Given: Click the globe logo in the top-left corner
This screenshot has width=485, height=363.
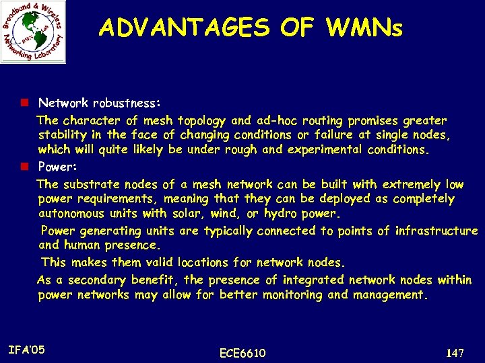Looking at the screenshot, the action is coord(33,32).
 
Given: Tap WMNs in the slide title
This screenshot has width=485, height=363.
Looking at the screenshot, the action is coord(364,28).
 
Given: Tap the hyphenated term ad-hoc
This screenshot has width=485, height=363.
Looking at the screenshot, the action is coord(276,121).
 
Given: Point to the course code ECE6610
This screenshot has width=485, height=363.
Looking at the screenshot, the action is coord(243,354).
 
